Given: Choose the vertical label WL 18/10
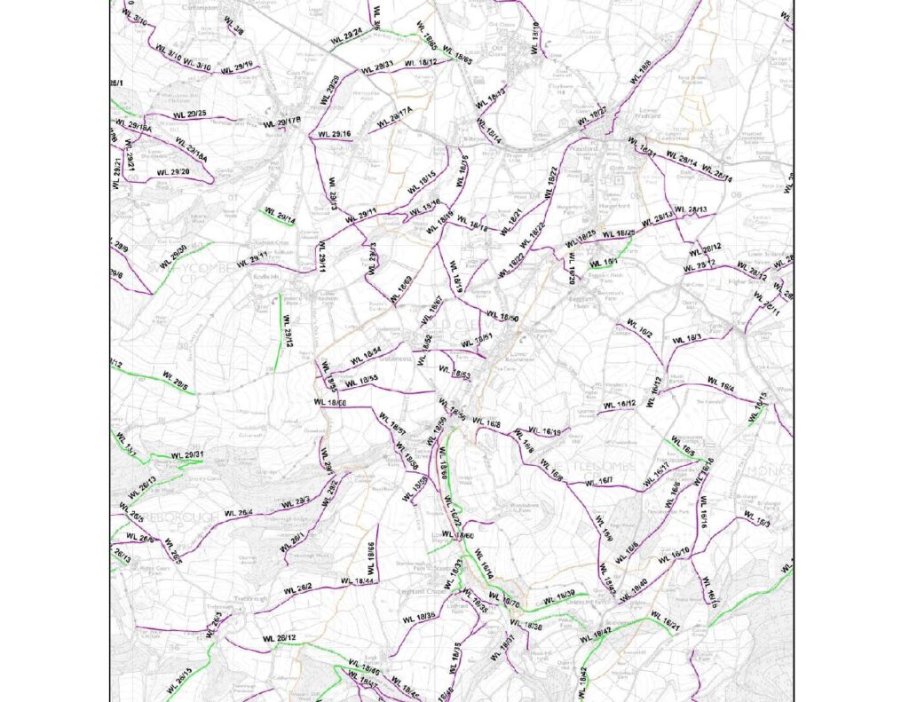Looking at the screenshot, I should coord(535,35).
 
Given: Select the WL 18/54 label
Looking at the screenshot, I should coord(365,354).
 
